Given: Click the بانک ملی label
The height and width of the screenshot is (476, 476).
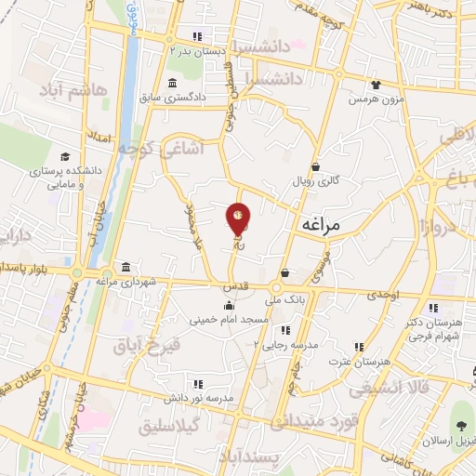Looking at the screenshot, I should coord(284,300).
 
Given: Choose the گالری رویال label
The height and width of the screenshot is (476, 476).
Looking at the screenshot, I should coord(315,181).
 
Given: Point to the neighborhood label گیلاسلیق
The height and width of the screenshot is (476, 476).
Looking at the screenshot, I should coord(177,427).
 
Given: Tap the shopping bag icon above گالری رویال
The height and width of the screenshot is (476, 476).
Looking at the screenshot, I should coord(316,167).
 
